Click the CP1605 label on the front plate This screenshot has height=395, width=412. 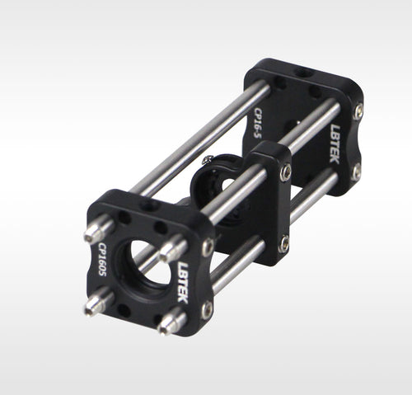(x=102, y=259)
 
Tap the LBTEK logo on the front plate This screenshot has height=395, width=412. (x=183, y=282)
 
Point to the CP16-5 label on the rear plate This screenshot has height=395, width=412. (x=258, y=123)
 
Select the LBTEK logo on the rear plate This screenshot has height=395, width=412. (x=335, y=143)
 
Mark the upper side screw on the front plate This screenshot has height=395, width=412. (x=208, y=247)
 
